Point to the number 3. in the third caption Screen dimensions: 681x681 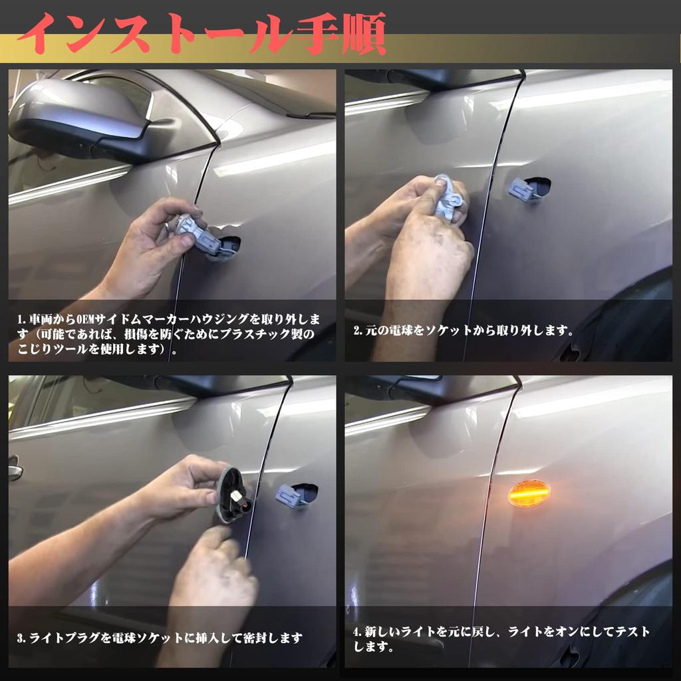[21, 638]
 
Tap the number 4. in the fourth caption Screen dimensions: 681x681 [358, 632]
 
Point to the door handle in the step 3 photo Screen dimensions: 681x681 [15, 471]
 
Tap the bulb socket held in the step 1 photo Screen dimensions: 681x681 [196, 233]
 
